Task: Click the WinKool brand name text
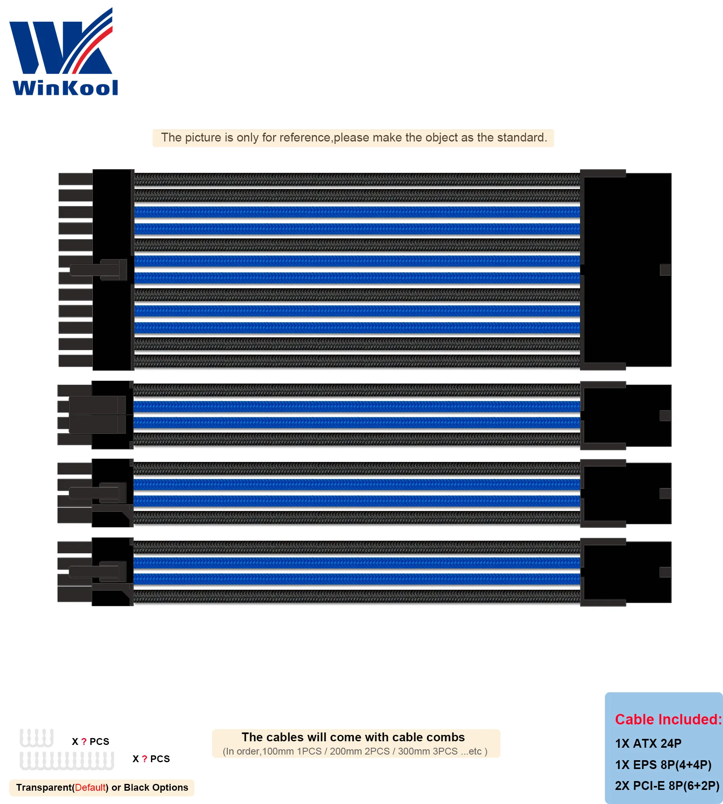click(65, 88)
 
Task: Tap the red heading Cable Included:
click(668, 720)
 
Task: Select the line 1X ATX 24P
click(648, 744)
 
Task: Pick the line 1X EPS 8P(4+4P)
click(663, 765)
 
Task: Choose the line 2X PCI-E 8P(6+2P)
click(667, 786)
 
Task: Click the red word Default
click(90, 788)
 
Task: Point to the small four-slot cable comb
click(37, 738)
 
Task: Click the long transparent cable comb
click(67, 761)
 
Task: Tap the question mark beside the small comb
click(84, 742)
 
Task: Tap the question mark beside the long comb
click(145, 759)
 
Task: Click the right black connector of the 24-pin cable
click(627, 269)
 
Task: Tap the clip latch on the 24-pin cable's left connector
click(98, 269)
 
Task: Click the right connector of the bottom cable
click(627, 572)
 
